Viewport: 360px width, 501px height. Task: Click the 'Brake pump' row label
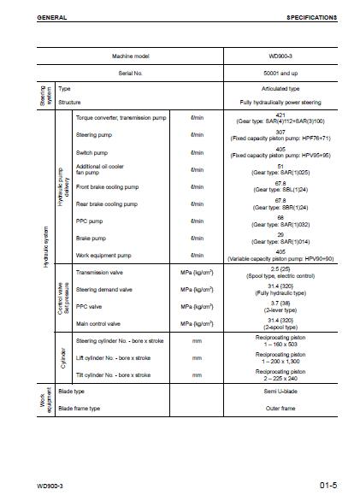pos(91,238)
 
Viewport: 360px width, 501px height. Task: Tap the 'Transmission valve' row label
pos(99,273)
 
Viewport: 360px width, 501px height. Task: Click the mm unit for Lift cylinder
pos(198,358)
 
